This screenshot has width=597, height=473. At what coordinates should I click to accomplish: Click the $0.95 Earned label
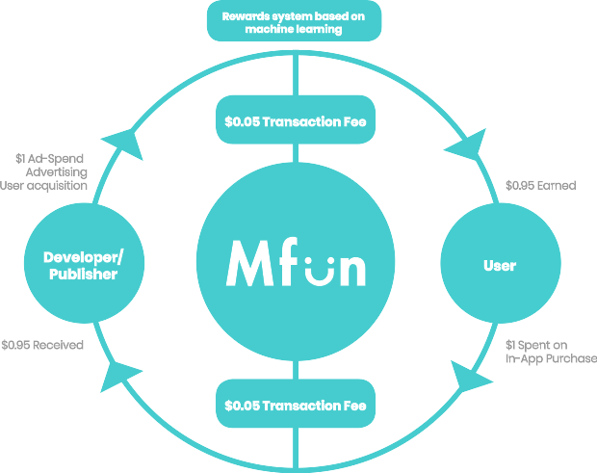[540, 185]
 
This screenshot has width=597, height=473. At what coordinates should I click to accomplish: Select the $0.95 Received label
[42, 344]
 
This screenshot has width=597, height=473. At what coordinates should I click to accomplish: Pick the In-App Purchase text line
[551, 358]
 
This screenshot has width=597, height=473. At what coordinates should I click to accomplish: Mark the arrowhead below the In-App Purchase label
[469, 378]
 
